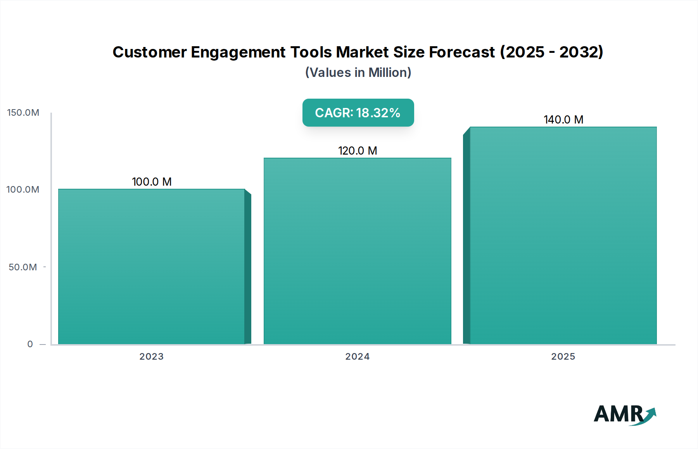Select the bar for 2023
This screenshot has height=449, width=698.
[x=151, y=266]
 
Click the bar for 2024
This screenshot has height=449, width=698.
[x=357, y=251]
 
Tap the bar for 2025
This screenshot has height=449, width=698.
[x=563, y=235]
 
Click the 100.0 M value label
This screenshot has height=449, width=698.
[x=152, y=182]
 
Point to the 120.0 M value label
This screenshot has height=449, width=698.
[x=358, y=151]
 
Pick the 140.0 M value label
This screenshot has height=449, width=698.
[x=563, y=120]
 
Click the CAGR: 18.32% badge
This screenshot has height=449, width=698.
[x=358, y=113]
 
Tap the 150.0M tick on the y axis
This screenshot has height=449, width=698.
[x=23, y=113]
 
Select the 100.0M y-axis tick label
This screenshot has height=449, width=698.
[x=23, y=190]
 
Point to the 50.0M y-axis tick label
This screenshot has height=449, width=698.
[x=23, y=267]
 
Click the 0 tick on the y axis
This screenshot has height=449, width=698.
[x=30, y=344]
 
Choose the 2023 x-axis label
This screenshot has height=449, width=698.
[x=151, y=357]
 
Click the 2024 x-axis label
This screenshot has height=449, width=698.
[x=357, y=357]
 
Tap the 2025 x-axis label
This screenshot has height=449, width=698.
[x=563, y=357]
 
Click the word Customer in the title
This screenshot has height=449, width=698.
[x=150, y=52]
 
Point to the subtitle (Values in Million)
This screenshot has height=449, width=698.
[x=358, y=73]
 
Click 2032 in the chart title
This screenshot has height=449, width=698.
[x=579, y=52]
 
